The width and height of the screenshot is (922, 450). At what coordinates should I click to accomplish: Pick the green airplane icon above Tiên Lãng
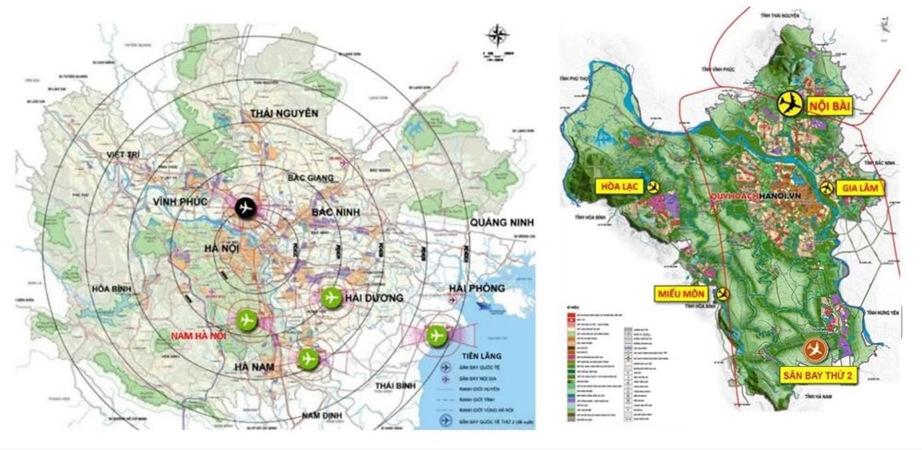pyautogui.click(x=436, y=336)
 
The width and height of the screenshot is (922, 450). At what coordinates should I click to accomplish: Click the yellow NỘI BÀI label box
pyautogui.click(x=830, y=106)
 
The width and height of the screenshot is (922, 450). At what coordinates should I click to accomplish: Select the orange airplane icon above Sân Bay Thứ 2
pyautogui.click(x=814, y=349)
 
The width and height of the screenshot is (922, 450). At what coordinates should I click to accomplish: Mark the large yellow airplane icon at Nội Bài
pyautogui.click(x=789, y=104)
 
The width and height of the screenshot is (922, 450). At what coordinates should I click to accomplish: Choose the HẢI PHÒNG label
pyautogui.click(x=476, y=289)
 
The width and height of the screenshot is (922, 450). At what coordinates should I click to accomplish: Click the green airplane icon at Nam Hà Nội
pyautogui.click(x=246, y=320)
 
